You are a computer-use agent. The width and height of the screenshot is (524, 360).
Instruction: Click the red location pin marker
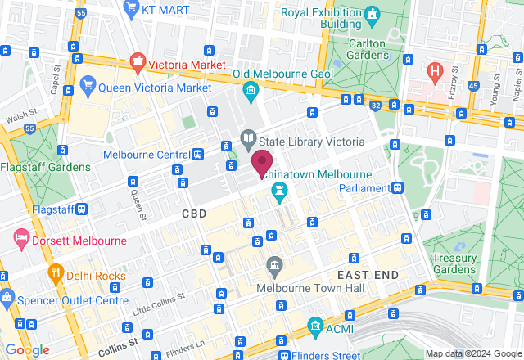(262, 163)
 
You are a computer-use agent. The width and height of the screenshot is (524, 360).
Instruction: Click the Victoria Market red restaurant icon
(138, 62)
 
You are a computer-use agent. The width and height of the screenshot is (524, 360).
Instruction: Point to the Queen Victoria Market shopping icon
(89, 85)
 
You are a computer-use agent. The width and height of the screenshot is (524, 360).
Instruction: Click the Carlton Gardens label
(357, 55)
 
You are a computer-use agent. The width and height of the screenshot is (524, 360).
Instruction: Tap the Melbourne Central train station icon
(197, 155)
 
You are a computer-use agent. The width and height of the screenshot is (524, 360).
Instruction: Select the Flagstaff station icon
(83, 209)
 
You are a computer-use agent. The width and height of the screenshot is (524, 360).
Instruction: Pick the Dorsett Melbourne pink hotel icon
(21, 241)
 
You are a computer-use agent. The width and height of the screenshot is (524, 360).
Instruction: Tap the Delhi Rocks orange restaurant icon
(56, 274)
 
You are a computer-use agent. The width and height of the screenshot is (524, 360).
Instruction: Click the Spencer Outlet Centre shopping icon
(7, 295)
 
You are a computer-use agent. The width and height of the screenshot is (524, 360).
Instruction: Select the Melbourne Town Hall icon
(274, 265)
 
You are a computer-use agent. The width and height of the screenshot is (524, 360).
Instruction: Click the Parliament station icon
(398, 187)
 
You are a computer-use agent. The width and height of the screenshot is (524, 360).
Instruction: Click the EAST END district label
(368, 274)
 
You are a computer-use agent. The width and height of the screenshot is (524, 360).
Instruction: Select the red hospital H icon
(436, 71)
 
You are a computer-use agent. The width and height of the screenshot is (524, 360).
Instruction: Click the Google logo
(28, 349)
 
